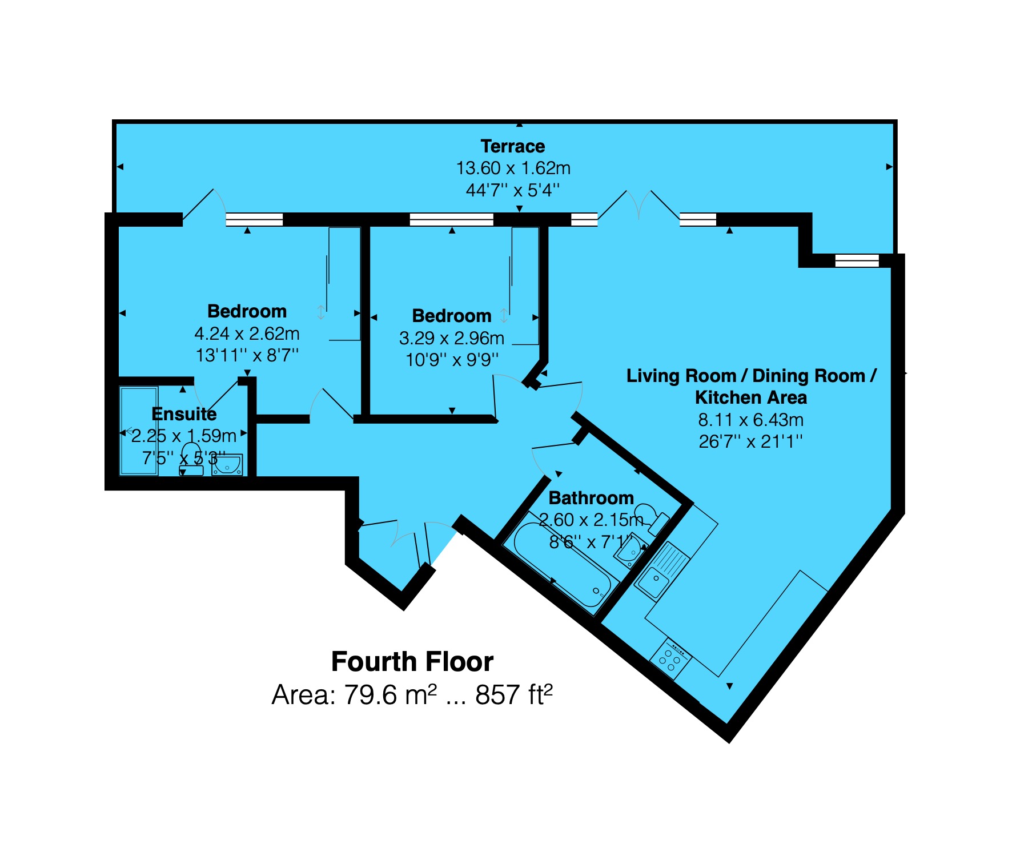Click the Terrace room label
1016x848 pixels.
(x=512, y=146)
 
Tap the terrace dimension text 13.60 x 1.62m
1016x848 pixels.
(x=513, y=168)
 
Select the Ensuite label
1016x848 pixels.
(x=184, y=413)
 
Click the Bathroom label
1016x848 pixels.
(x=591, y=497)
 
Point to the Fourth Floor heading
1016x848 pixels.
(x=412, y=661)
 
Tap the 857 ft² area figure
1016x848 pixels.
(x=513, y=694)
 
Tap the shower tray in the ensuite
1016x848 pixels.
(x=139, y=431)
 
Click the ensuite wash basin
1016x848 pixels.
(x=227, y=465)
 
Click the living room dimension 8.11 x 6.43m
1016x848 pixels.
(x=750, y=420)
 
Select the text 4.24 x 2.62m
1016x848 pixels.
(x=247, y=333)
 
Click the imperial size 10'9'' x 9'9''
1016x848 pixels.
(x=452, y=360)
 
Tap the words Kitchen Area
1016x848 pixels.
(x=750, y=397)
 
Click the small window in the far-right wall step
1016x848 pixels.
(x=857, y=260)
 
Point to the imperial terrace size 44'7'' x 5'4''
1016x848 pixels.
(x=512, y=190)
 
